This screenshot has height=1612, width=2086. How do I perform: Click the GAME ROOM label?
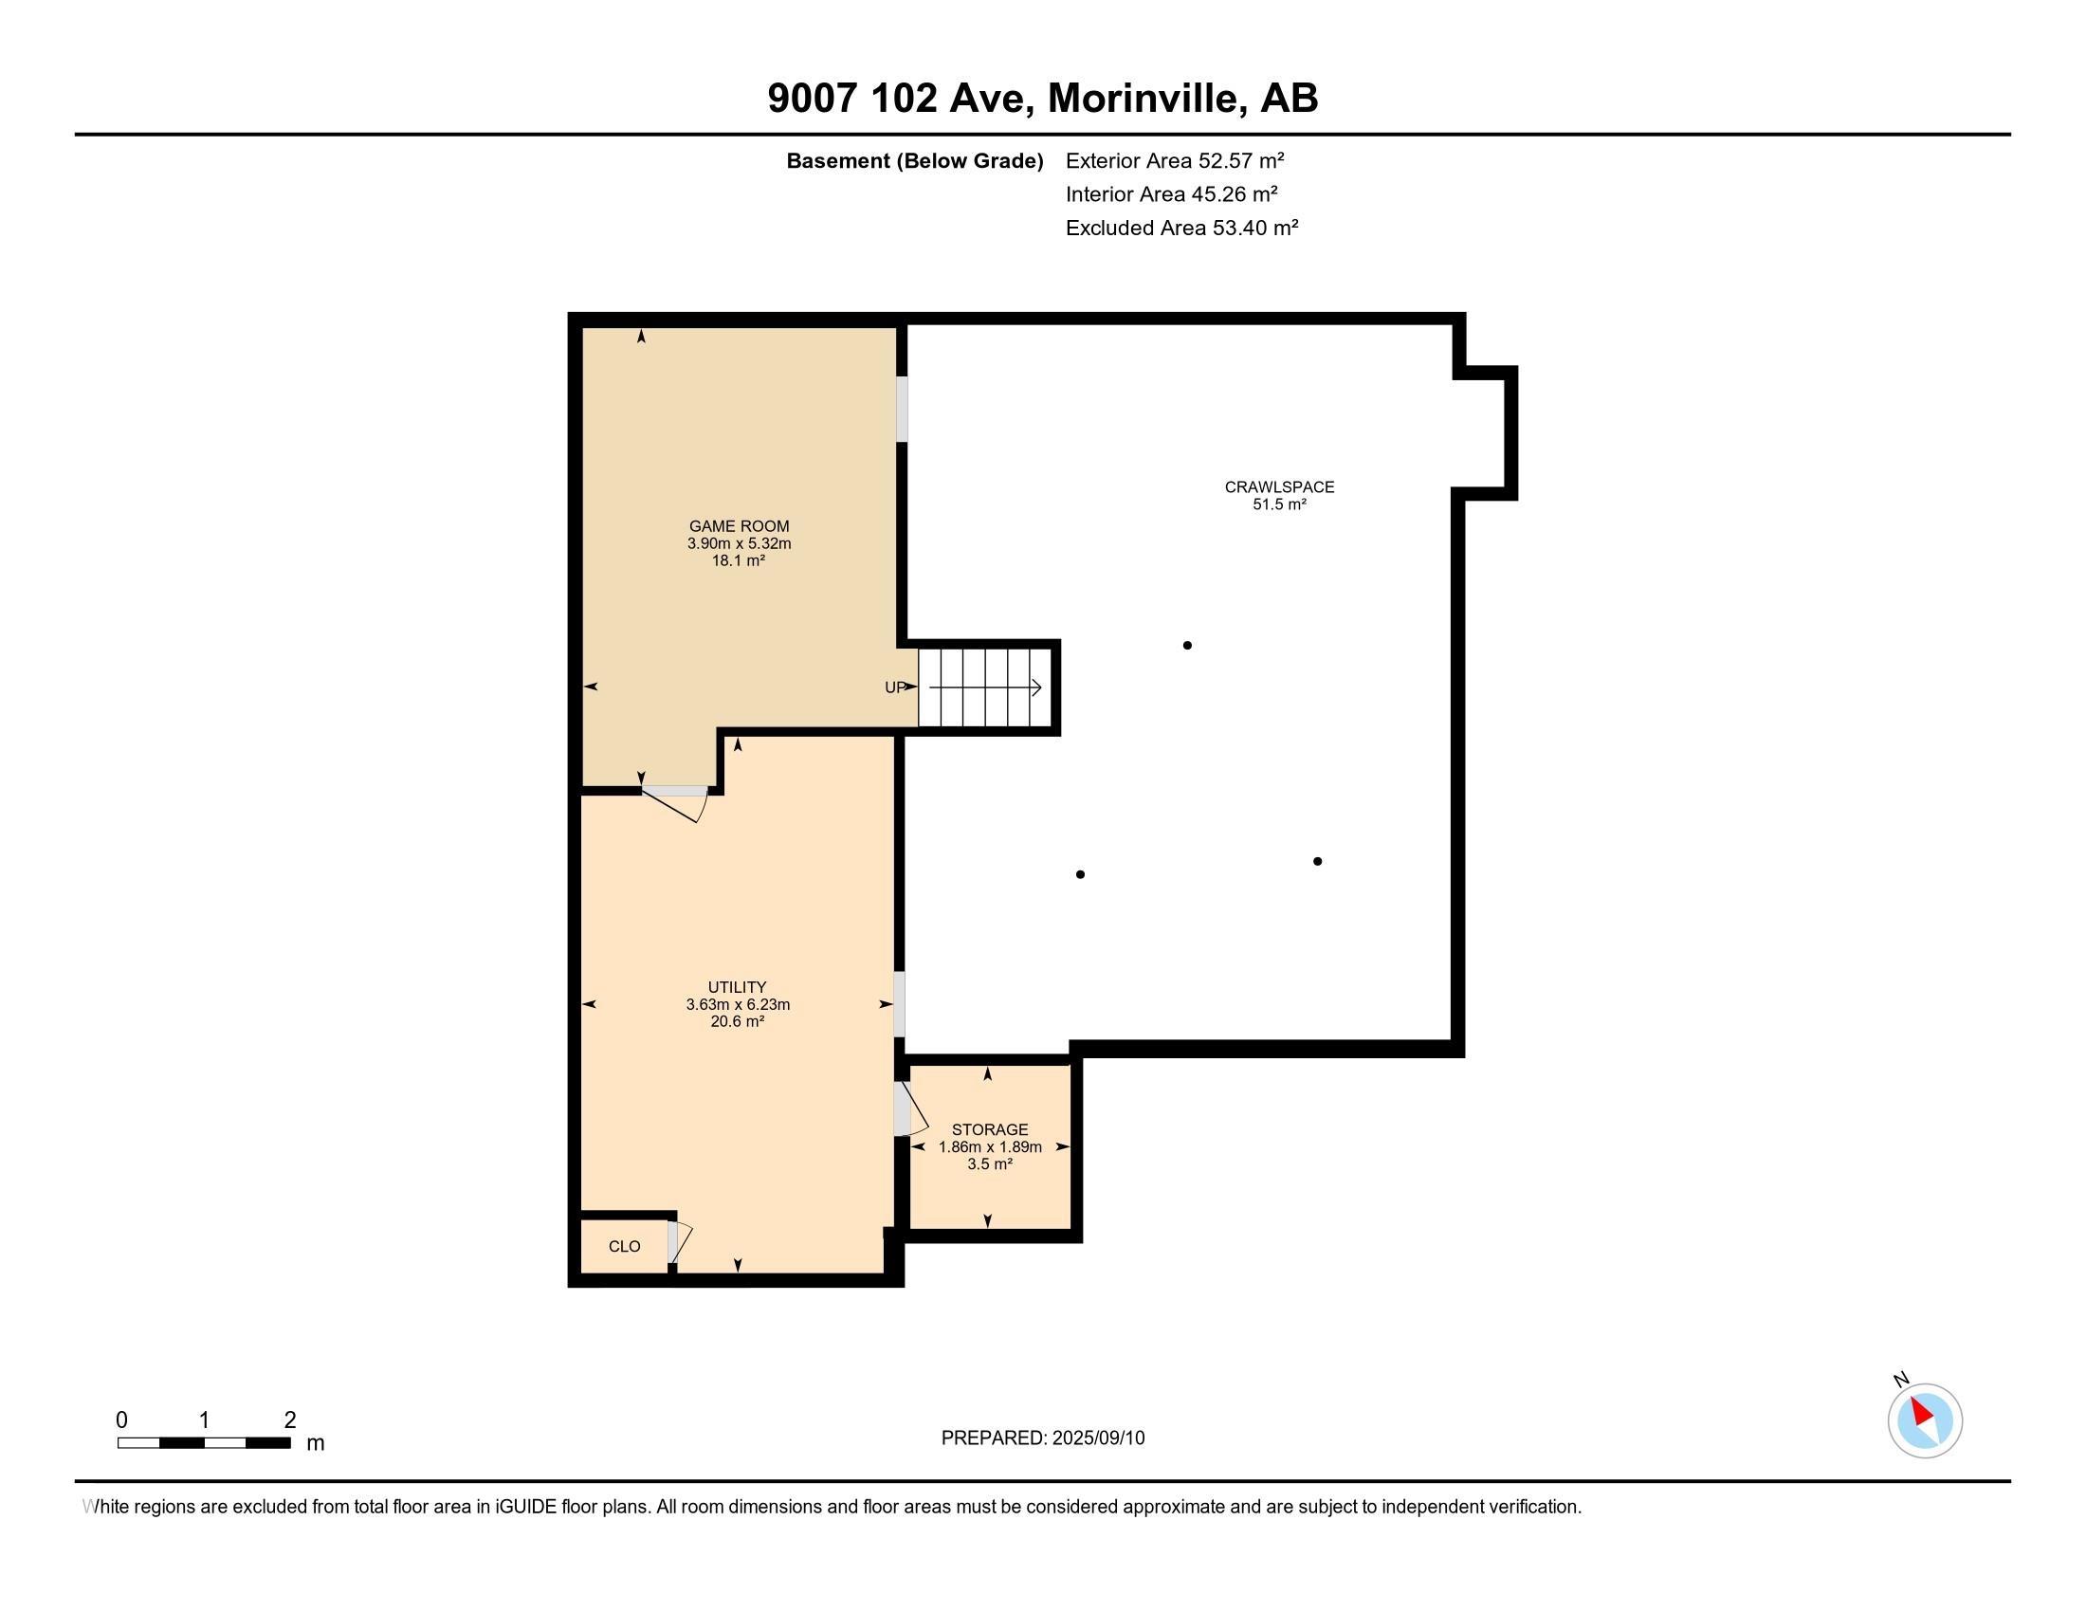(739, 525)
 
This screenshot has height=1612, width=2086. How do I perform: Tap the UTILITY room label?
(737, 986)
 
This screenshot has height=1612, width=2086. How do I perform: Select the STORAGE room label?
(990, 1128)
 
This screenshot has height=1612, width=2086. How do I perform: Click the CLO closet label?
(624, 1246)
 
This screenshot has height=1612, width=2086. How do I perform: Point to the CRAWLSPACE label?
(1279, 486)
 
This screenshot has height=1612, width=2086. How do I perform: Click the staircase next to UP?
(985, 687)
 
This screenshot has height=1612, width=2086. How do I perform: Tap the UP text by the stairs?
(894, 687)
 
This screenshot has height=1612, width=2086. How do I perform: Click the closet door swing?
(678, 1241)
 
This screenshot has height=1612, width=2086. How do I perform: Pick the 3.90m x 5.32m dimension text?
(739, 543)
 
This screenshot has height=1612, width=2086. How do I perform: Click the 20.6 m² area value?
(737, 1022)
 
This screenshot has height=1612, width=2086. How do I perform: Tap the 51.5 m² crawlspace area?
(1279, 504)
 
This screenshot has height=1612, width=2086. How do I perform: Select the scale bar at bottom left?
(205, 1442)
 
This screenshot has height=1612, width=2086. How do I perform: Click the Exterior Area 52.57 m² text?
(1174, 160)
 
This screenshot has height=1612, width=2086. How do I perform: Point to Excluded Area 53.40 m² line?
(1181, 228)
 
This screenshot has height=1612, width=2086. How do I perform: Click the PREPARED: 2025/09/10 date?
(1042, 1438)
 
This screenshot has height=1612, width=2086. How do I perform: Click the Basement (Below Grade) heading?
(914, 160)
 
